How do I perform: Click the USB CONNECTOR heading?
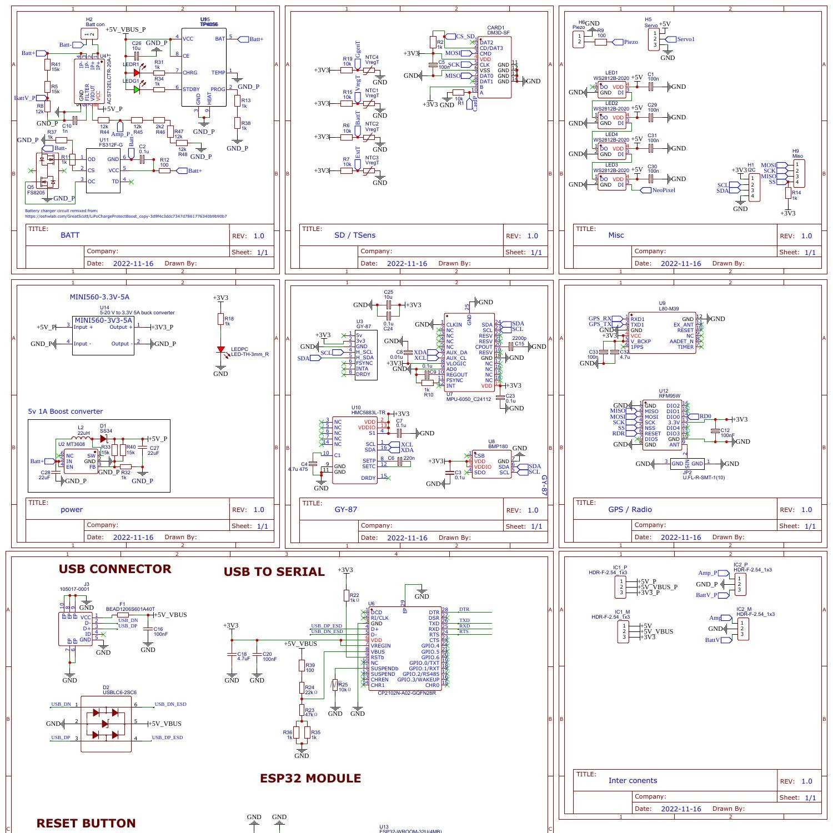click(x=115, y=569)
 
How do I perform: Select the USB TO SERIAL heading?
click(x=274, y=572)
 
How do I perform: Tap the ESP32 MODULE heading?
click(x=310, y=779)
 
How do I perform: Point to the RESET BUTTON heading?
click(x=86, y=823)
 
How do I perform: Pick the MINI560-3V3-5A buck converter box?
click(x=103, y=335)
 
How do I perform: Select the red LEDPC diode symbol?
click(x=221, y=351)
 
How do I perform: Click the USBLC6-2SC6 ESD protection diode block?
click(x=106, y=724)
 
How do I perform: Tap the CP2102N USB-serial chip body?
click(x=405, y=648)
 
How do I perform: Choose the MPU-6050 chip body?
click(x=469, y=354)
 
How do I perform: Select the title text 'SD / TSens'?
click(x=355, y=235)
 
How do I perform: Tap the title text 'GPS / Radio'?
click(x=630, y=510)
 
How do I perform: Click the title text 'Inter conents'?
click(x=633, y=781)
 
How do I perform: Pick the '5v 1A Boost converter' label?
click(x=66, y=412)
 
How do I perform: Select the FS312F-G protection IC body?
click(x=103, y=170)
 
